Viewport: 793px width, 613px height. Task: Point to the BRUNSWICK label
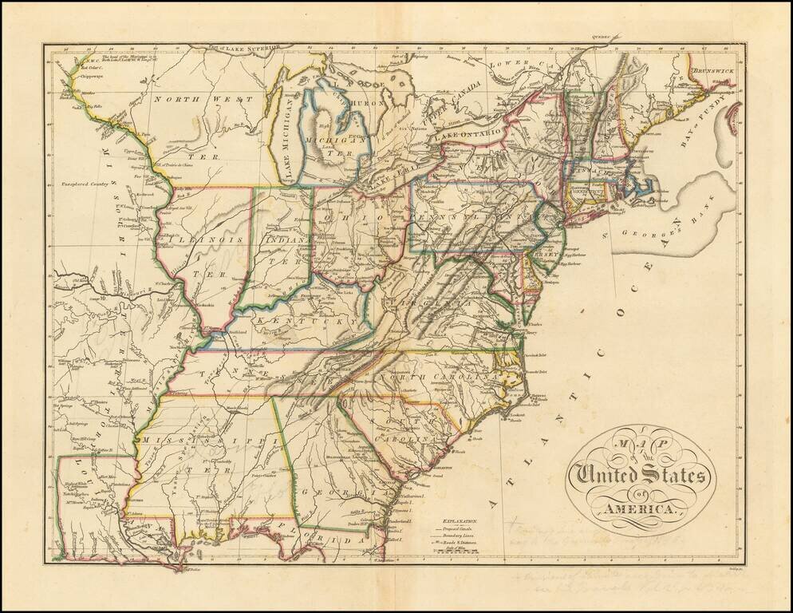pos(712,71)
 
